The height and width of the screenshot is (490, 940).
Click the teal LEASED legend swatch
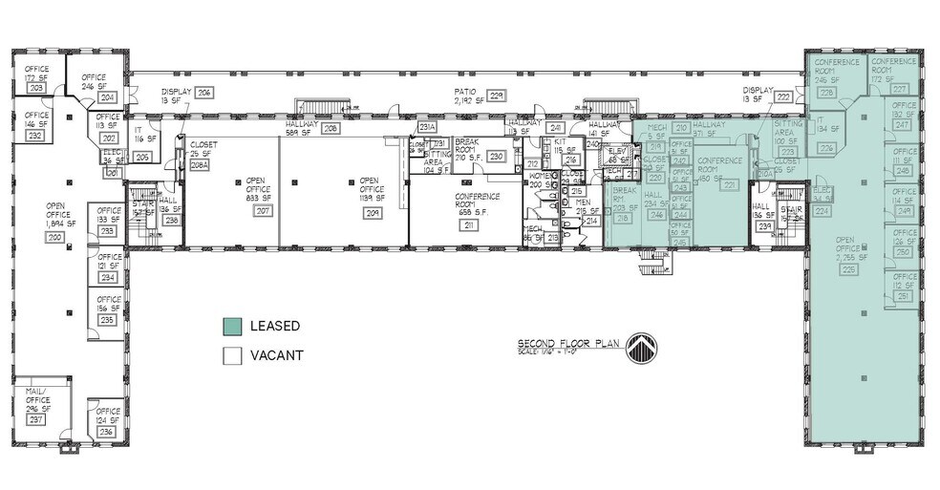click(232, 326)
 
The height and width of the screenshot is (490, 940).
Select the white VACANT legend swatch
click(232, 355)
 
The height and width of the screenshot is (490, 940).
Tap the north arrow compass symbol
click(641, 349)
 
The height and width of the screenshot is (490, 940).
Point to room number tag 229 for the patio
click(497, 96)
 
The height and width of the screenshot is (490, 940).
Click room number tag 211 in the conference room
click(468, 225)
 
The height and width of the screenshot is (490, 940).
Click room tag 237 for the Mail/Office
click(36, 419)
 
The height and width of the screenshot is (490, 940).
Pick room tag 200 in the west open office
click(54, 236)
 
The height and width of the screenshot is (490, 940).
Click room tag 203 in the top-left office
click(37, 88)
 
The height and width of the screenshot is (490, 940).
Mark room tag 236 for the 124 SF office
click(107, 431)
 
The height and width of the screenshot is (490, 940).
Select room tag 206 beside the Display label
click(204, 93)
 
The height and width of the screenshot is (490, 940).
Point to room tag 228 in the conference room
click(826, 93)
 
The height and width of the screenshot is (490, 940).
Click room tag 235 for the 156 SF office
click(107, 320)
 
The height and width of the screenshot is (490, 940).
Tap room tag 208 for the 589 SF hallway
click(331, 128)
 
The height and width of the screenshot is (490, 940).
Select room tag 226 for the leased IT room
click(826, 148)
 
